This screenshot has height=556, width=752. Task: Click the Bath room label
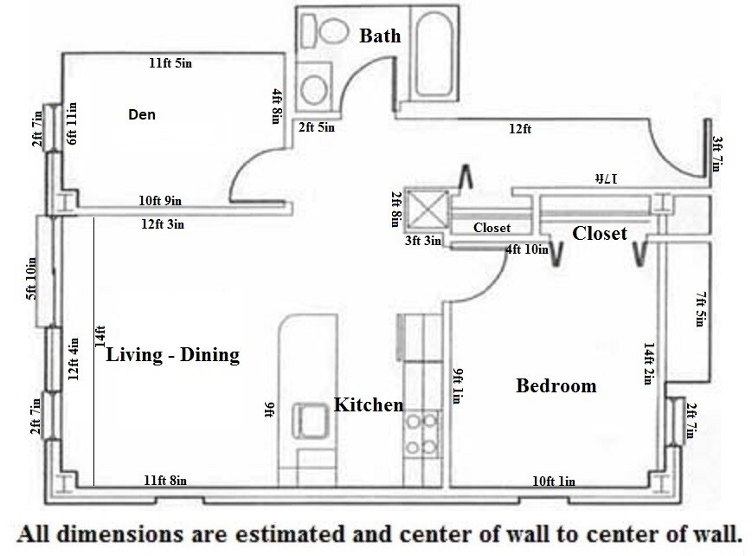pos(380,36)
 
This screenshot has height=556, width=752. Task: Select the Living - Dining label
pos(172,355)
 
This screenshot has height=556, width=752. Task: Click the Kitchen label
pos(369,404)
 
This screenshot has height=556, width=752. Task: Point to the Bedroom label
pos(556,385)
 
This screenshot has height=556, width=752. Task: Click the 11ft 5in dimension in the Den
pos(170,63)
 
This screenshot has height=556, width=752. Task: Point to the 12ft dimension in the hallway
pos(519,129)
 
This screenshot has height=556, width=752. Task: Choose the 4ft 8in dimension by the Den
pos(276,107)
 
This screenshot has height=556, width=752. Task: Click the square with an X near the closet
pos(426,209)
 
